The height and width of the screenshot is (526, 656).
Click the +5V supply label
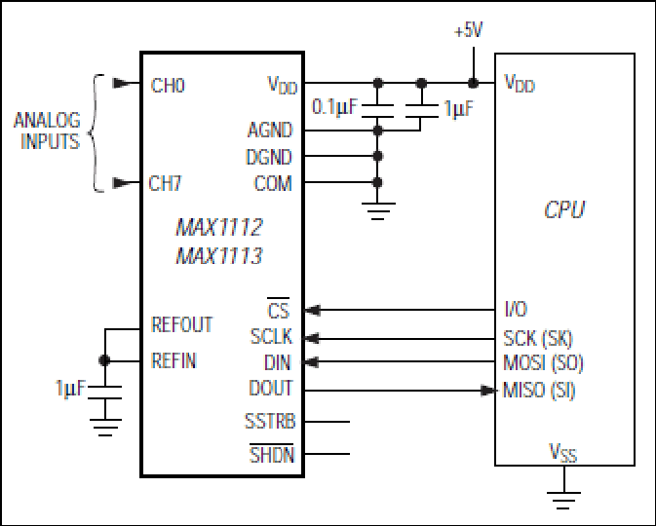click(x=469, y=30)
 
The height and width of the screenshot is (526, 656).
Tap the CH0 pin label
click(x=168, y=86)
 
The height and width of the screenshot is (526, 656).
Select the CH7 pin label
click(x=166, y=183)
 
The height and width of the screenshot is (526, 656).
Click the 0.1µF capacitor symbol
click(x=377, y=111)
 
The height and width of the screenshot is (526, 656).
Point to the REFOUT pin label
click(x=181, y=324)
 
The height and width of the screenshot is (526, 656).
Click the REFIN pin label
click(x=174, y=360)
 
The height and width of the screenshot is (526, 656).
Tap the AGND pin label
click(x=270, y=130)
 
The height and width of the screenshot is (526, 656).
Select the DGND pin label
click(x=269, y=157)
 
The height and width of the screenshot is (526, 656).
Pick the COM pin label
click(x=273, y=183)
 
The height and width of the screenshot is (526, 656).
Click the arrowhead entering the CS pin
click(x=313, y=310)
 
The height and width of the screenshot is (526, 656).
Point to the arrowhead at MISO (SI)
click(x=487, y=391)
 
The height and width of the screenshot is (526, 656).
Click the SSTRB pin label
click(x=270, y=421)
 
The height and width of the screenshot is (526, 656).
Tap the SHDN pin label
click(x=272, y=454)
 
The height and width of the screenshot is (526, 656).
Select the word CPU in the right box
click(x=564, y=209)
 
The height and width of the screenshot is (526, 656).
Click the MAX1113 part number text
click(x=218, y=256)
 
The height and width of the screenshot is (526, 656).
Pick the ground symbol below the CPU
click(x=564, y=500)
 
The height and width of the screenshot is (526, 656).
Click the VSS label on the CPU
click(x=562, y=452)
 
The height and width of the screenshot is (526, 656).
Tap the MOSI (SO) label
click(x=543, y=362)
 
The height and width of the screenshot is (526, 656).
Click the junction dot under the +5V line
click(x=473, y=83)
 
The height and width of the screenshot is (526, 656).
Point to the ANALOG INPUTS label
click(x=47, y=131)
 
